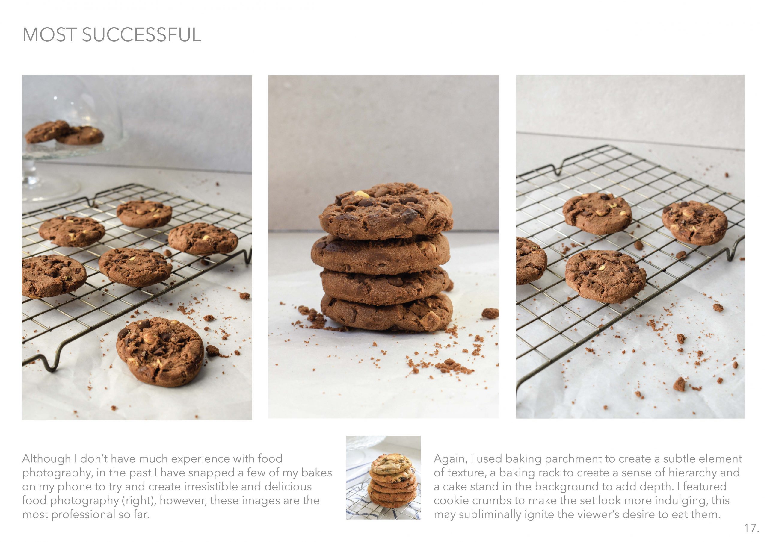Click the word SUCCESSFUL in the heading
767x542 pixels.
pyautogui.click(x=142, y=34)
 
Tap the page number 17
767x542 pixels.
pyautogui.click(x=752, y=528)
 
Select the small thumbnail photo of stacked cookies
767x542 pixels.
pyautogui.click(x=383, y=477)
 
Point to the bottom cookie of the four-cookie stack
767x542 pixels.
pyautogui.click(x=386, y=311)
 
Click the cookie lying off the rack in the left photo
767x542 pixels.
pyautogui.click(x=160, y=351)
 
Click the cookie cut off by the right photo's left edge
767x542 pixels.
pyautogui.click(x=531, y=261)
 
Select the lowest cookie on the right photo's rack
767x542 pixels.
pyautogui.click(x=605, y=276)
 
